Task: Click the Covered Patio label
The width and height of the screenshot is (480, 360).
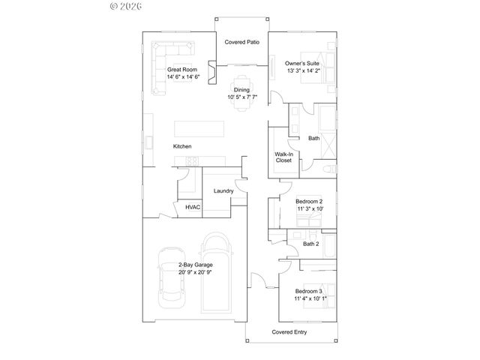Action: click(x=242, y=42)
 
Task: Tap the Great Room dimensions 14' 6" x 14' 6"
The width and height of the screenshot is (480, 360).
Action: click(x=183, y=77)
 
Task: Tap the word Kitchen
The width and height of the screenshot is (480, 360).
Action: click(x=182, y=145)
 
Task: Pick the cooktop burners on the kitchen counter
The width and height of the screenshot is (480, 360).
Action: click(x=193, y=160)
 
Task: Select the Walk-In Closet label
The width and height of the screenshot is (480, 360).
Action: click(x=283, y=157)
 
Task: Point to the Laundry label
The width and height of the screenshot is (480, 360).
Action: click(x=223, y=190)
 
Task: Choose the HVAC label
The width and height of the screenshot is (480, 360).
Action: click(x=193, y=206)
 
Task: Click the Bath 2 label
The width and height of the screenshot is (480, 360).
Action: click(x=311, y=244)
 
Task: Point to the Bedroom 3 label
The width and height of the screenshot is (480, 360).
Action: click(x=309, y=290)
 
